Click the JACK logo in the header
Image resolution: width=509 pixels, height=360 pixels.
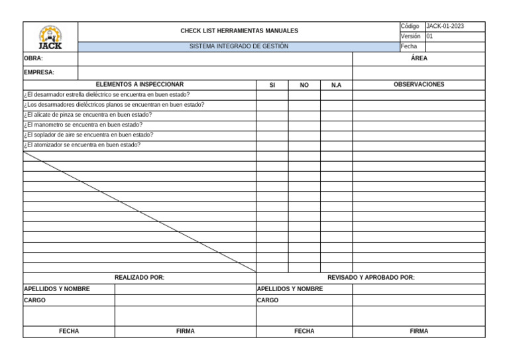[x=50, y=37]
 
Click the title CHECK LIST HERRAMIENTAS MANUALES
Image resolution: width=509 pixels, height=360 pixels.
[x=239, y=30]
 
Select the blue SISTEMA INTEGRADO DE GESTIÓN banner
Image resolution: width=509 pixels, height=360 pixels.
[x=239, y=46]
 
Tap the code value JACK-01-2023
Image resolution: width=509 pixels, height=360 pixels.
[x=445, y=27]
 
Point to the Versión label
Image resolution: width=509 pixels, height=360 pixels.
[x=410, y=36]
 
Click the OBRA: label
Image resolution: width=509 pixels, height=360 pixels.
[x=33, y=58]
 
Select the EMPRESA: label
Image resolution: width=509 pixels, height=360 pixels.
[x=39, y=72]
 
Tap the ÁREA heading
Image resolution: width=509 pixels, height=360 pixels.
[x=419, y=58]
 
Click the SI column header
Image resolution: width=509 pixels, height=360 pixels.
[x=272, y=85]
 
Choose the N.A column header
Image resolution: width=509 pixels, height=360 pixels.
[x=336, y=85]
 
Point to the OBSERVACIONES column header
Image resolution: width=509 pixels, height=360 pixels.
[x=419, y=85]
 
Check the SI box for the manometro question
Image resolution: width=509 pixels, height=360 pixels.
[x=272, y=125]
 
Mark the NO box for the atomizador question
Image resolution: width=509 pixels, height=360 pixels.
[x=304, y=145]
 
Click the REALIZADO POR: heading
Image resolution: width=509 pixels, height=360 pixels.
[x=139, y=278]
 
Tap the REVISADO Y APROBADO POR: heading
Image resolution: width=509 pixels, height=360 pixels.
[x=371, y=278]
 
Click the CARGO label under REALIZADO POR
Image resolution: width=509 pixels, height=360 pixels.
[x=35, y=300]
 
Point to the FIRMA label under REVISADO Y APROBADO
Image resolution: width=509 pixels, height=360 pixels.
[x=419, y=331]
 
